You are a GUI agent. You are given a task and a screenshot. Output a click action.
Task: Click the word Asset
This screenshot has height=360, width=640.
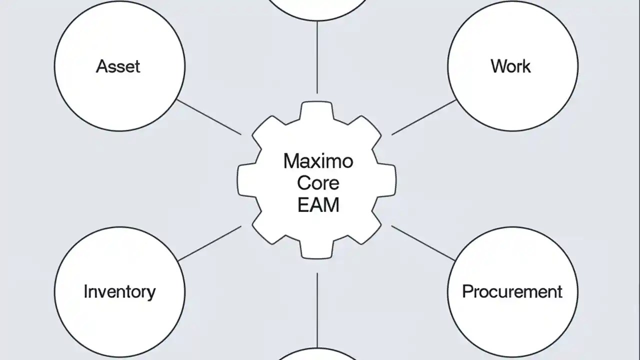118,66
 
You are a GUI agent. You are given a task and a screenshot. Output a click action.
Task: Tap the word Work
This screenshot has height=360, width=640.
510,66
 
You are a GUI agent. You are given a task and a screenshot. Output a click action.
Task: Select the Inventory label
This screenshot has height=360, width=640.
119,291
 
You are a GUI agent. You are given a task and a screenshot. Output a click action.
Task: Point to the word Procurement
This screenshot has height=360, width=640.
512,291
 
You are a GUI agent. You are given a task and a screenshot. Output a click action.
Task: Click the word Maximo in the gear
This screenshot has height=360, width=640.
318,161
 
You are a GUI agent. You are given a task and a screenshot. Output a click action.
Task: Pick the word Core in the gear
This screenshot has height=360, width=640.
318,183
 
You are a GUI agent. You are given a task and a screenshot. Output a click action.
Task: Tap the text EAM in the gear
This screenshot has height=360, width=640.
318,205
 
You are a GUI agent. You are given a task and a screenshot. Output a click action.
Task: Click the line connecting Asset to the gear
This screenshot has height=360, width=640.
209,117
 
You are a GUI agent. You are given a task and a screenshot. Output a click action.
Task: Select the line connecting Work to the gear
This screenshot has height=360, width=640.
424,117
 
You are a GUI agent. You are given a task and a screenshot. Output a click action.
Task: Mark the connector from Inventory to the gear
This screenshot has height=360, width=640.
209,243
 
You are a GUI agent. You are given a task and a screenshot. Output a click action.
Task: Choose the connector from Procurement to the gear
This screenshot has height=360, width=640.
423,243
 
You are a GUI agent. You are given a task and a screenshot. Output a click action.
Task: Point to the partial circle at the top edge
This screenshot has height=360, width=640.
318,7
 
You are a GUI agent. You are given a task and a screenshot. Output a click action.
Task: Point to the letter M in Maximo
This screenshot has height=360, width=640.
290,161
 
